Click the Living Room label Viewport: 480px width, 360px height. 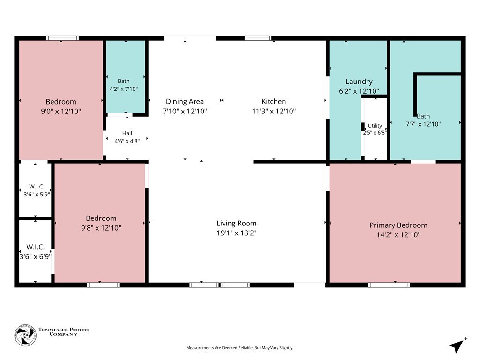pos(237,224)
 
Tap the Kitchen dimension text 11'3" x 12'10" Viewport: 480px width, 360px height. pos(274,111)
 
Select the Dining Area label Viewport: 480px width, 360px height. pos(185,101)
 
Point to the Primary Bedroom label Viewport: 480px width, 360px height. pos(398,225)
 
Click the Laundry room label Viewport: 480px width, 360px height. pos(359,82)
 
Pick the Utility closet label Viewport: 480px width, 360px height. pos(375,126)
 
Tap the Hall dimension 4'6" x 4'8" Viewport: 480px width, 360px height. pos(127,141)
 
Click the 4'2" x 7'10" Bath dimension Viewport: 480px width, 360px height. pos(124,89)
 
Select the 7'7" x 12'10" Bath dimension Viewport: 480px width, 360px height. pos(423,124)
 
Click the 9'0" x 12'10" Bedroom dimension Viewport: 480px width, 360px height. pos(61,111)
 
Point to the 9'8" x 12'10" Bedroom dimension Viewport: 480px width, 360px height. pos(101,228)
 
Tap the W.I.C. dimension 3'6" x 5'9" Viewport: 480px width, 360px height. pos(37,195)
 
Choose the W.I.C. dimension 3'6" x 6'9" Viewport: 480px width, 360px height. pos(36,256)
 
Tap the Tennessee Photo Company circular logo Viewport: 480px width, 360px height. pos(25,336)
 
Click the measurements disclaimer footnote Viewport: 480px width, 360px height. pos(240,348)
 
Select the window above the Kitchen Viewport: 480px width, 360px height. pos(258,38)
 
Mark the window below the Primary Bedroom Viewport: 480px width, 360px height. pos(389,285)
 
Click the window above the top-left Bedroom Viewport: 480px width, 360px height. pos(62,38)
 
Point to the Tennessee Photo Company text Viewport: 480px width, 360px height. pos(63,332)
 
